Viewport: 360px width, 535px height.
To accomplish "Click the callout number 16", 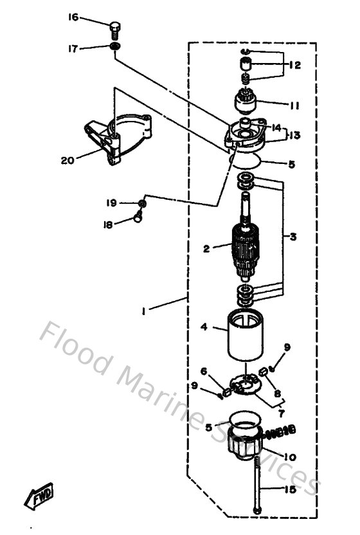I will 74,17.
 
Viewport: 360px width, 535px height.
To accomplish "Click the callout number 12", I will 294,65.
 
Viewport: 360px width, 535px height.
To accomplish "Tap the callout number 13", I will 294,136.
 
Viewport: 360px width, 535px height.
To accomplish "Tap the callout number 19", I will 112,203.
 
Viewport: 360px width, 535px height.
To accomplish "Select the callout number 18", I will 108,224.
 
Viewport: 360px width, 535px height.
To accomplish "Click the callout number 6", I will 203,371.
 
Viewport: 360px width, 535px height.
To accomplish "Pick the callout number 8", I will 278,393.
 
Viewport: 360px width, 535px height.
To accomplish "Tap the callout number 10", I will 289,457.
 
